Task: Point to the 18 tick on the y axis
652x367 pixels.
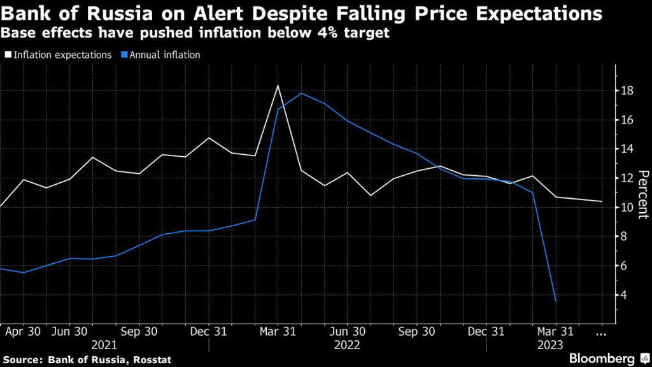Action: (627, 91)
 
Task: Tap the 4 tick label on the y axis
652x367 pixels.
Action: (627, 295)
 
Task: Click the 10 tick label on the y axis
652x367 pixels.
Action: (627, 208)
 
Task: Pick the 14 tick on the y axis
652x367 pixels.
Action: (627, 149)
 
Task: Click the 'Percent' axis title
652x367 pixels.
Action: (642, 195)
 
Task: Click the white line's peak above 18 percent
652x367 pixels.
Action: (278, 86)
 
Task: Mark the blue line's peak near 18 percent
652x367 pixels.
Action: (301, 94)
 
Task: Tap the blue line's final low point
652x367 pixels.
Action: (556, 301)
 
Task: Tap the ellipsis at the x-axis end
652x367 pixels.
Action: (601, 332)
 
